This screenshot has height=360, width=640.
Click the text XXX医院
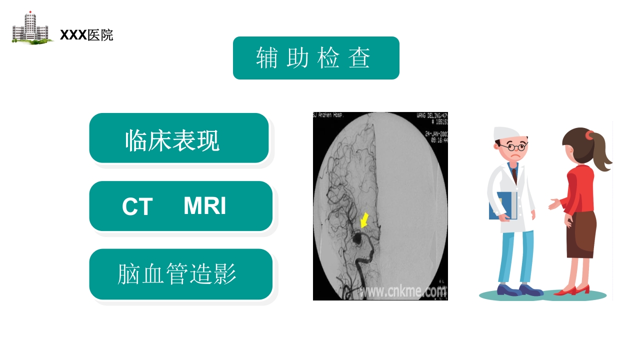pyautogui.click(x=86, y=35)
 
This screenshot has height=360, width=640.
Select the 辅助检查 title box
pyautogui.click(x=316, y=58)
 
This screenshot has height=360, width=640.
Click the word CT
pyautogui.click(x=137, y=207)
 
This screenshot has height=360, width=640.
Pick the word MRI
pyautogui.click(x=204, y=206)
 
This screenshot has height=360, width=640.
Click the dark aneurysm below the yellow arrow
pyautogui.click(x=358, y=238)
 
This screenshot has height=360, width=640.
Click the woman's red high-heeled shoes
pyautogui.click(x=573, y=290)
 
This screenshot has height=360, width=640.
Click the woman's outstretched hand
pyautogui.click(x=553, y=204)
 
